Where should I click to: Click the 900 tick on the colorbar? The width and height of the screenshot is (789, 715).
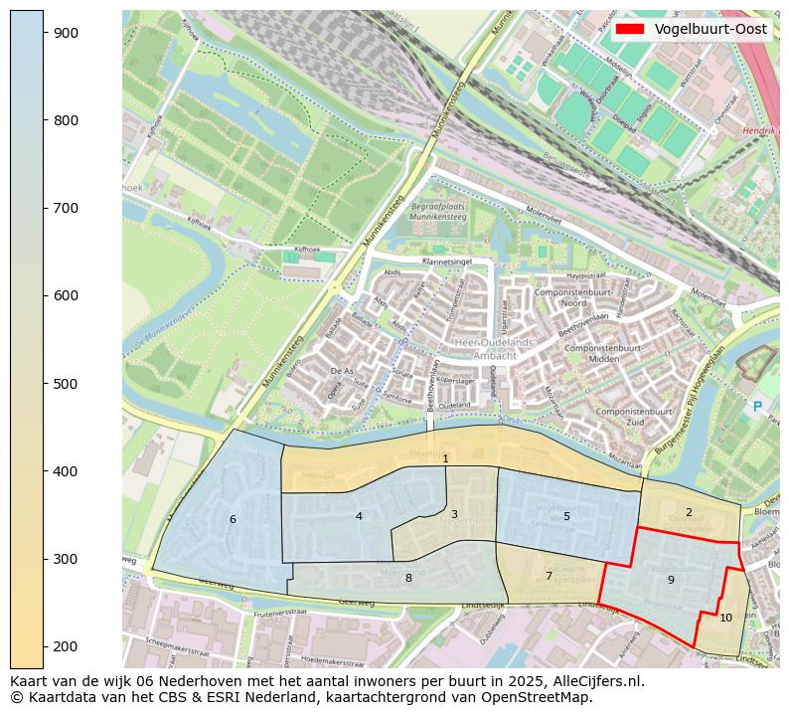tap(44, 33)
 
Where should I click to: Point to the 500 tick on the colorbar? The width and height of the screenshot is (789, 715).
tap(44, 383)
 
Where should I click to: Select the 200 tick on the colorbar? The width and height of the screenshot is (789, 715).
tap(44, 646)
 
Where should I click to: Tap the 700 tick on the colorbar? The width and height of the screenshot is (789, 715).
tap(44, 208)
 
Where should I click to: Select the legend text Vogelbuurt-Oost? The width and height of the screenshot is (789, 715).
tap(710, 29)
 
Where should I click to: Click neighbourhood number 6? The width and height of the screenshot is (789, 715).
tap(233, 519)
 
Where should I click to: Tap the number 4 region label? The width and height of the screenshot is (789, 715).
tap(359, 516)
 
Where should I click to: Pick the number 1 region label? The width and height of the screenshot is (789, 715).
tap(446, 458)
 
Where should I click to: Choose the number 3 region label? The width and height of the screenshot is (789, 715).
tap(454, 514)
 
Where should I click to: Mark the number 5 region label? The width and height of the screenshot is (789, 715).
tap(566, 516)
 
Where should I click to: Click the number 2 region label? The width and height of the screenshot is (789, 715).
tap(689, 512)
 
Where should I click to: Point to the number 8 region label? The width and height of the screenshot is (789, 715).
tap(408, 578)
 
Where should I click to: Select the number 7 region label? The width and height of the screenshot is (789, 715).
tap(549, 576)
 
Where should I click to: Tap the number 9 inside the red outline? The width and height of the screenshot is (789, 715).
tap(671, 580)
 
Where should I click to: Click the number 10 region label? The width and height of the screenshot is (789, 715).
tap(725, 618)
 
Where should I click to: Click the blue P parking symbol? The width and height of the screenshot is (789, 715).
tap(757, 406)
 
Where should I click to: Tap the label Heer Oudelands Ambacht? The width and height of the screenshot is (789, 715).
tap(493, 348)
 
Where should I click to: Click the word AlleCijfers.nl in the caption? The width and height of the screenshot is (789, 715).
tap(593, 682)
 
